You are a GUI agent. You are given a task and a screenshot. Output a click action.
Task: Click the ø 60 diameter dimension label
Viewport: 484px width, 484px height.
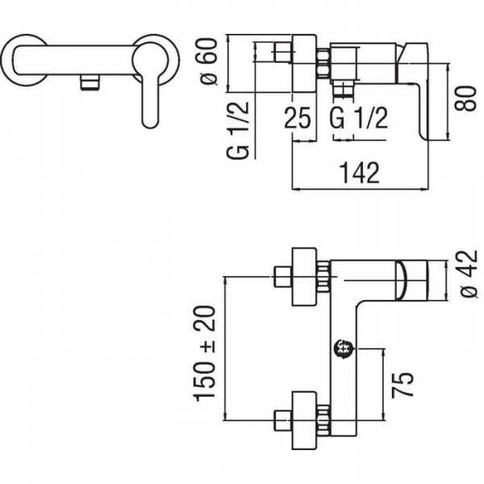tap(209, 61)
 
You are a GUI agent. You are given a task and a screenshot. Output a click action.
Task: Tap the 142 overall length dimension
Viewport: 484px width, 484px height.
tap(359, 173)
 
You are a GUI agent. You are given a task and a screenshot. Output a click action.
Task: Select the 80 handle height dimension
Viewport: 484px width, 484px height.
tap(465, 98)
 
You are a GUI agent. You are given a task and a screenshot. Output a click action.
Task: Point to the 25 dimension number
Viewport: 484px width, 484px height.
tap(297, 117)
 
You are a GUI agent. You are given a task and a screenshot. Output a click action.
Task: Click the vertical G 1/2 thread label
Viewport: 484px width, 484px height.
tap(238, 130)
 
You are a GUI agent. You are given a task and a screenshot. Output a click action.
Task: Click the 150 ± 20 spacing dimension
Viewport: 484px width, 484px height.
tap(204, 353)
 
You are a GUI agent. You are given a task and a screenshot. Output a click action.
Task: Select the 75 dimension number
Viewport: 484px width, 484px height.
tap(403, 384)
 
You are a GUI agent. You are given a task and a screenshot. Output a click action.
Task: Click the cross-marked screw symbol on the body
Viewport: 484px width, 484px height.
tap(344, 348)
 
